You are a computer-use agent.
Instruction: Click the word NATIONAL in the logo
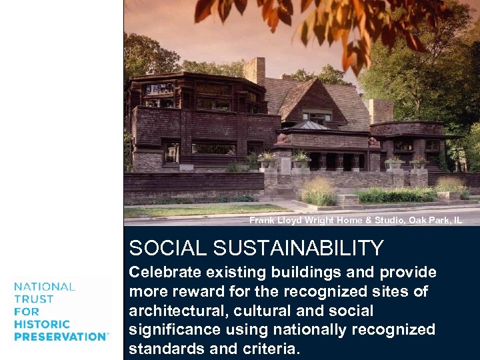point(45,287)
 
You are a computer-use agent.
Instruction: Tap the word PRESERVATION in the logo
point(60,337)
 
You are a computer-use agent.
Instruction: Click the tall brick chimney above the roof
point(254,72)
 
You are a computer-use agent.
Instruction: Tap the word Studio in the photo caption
point(369,220)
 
